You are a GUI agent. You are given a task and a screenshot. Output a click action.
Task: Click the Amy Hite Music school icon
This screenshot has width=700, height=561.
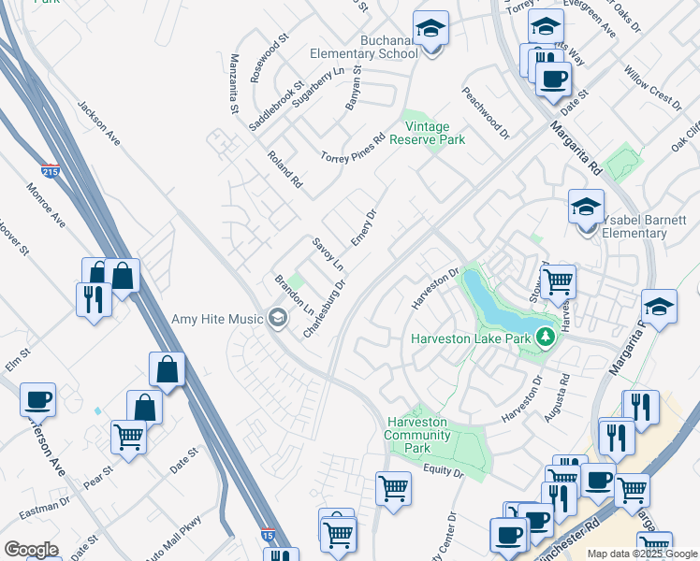coord(277,319)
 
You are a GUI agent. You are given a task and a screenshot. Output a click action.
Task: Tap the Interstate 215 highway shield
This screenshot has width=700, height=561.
coord(51,172)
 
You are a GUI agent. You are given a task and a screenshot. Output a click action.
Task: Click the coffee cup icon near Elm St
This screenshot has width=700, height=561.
coord(38,399)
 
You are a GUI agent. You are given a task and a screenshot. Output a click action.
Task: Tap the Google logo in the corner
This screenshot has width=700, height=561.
coord(31,550)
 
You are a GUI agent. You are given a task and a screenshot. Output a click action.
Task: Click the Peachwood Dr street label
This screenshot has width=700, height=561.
coord(485,114)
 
